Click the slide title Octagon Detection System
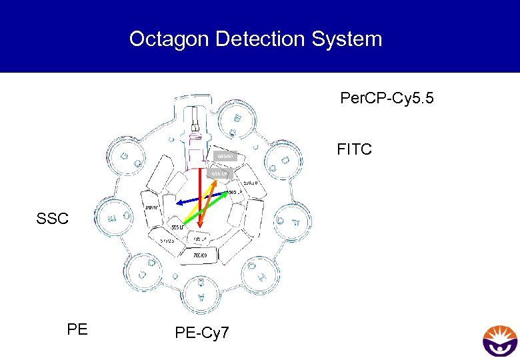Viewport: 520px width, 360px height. click(255, 39)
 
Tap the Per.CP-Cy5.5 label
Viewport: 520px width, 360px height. click(387, 99)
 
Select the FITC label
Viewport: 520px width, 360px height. click(354, 149)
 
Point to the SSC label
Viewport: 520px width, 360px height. click(53, 218)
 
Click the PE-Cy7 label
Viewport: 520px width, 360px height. click(201, 331)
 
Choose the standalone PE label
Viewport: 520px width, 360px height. click(77, 327)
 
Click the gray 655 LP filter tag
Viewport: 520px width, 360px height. click(219, 174)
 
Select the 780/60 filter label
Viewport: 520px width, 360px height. click(200, 255)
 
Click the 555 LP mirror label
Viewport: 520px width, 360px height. click(177, 227)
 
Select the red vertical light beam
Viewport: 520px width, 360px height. click(199, 200)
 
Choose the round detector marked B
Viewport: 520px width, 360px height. click(237, 121)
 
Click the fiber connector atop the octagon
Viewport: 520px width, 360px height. click(195, 127)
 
